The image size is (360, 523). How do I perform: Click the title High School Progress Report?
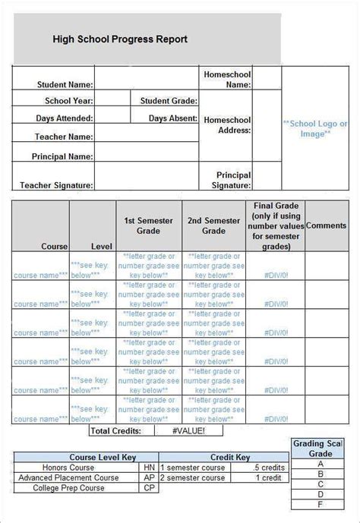click(120, 39)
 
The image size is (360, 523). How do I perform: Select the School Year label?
click(69, 101)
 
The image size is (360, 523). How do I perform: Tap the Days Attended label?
click(65, 118)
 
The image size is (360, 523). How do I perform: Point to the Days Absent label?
click(172, 118)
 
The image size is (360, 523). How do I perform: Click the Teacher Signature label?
click(56, 184)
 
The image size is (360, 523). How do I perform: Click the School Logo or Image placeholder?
click(315, 128)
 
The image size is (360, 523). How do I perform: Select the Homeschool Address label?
click(227, 124)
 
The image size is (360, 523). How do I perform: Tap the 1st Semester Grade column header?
click(149, 225)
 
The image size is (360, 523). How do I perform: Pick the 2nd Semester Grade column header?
click(214, 225)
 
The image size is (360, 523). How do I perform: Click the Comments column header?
click(326, 225)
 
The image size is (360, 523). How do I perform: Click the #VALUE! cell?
click(179, 430)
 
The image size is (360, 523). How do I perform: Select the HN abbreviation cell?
click(150, 468)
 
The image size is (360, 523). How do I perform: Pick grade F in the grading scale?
click(321, 503)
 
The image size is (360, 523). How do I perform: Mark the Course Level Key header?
click(84, 458)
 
